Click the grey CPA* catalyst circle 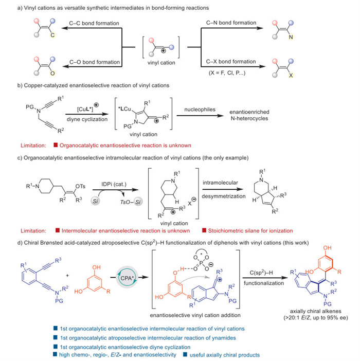tap(127, 277)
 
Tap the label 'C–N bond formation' tap(231, 23)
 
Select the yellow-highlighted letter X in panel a tap(291, 75)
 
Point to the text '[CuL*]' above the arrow tap(85, 109)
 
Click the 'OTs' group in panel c tap(80, 186)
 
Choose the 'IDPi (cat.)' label tap(114, 184)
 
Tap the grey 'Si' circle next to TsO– tap(138, 202)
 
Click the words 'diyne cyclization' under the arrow tap(87, 119)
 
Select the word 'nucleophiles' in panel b tap(200, 110)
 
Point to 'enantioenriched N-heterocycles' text tap(249, 115)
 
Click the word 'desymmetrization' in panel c tap(224, 196)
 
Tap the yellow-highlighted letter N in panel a tap(291, 37)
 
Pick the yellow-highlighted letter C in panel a tap(52, 35)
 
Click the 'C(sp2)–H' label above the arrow tap(261, 273)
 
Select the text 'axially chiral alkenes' tap(316, 311)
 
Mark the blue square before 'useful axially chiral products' tap(185, 354)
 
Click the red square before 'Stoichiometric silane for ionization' tap(204, 230)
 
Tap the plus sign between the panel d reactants tap(67, 275)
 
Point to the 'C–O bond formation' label tap(95, 62)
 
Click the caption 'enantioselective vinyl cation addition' tap(195, 315)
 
